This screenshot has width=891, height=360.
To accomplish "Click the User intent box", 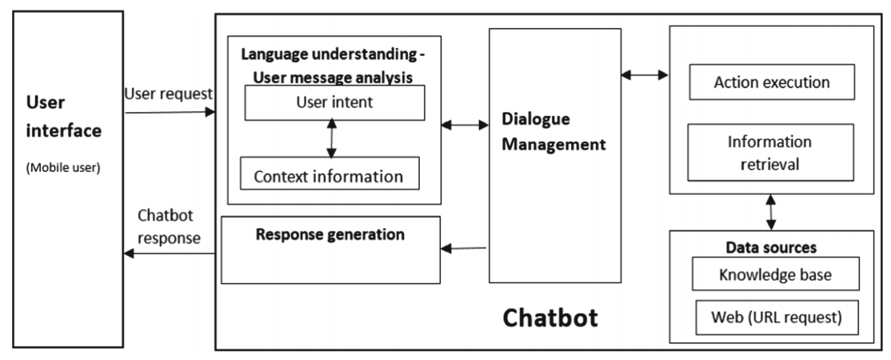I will click(x=334, y=102).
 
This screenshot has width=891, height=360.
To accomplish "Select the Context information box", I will click(x=330, y=175).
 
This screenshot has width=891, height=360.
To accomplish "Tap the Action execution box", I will click(x=770, y=82).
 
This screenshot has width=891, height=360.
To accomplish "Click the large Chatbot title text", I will click(x=550, y=318).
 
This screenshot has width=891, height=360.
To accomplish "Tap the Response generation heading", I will click(x=330, y=235).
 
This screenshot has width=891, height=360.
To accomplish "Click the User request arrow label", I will click(x=168, y=94).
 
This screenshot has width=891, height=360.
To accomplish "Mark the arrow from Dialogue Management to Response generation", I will click(x=465, y=248).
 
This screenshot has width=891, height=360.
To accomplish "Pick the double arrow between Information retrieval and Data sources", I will click(x=771, y=211).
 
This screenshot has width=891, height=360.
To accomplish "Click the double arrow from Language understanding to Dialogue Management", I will click(x=465, y=125).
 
